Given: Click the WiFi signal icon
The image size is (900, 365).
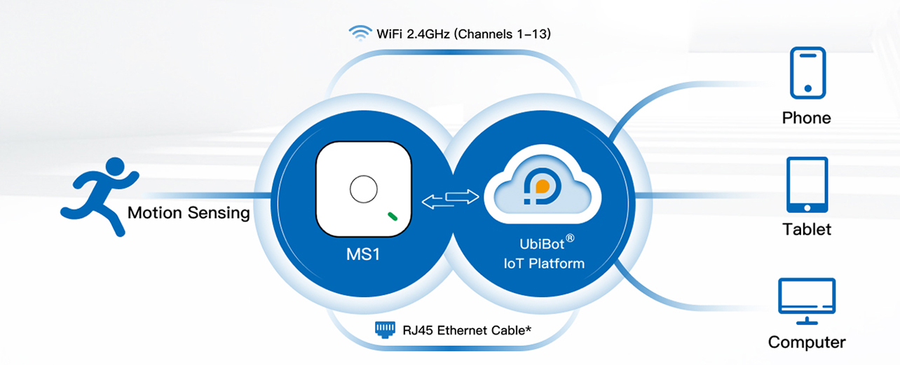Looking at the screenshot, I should (x=360, y=32).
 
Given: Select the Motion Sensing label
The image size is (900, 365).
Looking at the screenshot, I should (x=189, y=213).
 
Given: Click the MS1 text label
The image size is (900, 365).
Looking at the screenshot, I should (x=362, y=254).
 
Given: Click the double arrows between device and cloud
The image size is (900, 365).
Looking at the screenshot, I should (x=450, y=198).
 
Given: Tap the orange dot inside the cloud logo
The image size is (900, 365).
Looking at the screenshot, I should (x=541, y=187).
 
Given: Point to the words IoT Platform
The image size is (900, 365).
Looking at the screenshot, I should (x=543, y=264).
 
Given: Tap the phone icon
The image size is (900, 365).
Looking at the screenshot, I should (x=807, y=73).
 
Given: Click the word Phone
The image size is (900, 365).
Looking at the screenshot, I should (x=806, y=118).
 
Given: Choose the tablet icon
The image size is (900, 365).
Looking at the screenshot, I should (x=807, y=184).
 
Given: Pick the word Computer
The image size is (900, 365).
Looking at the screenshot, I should (x=807, y=342).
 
